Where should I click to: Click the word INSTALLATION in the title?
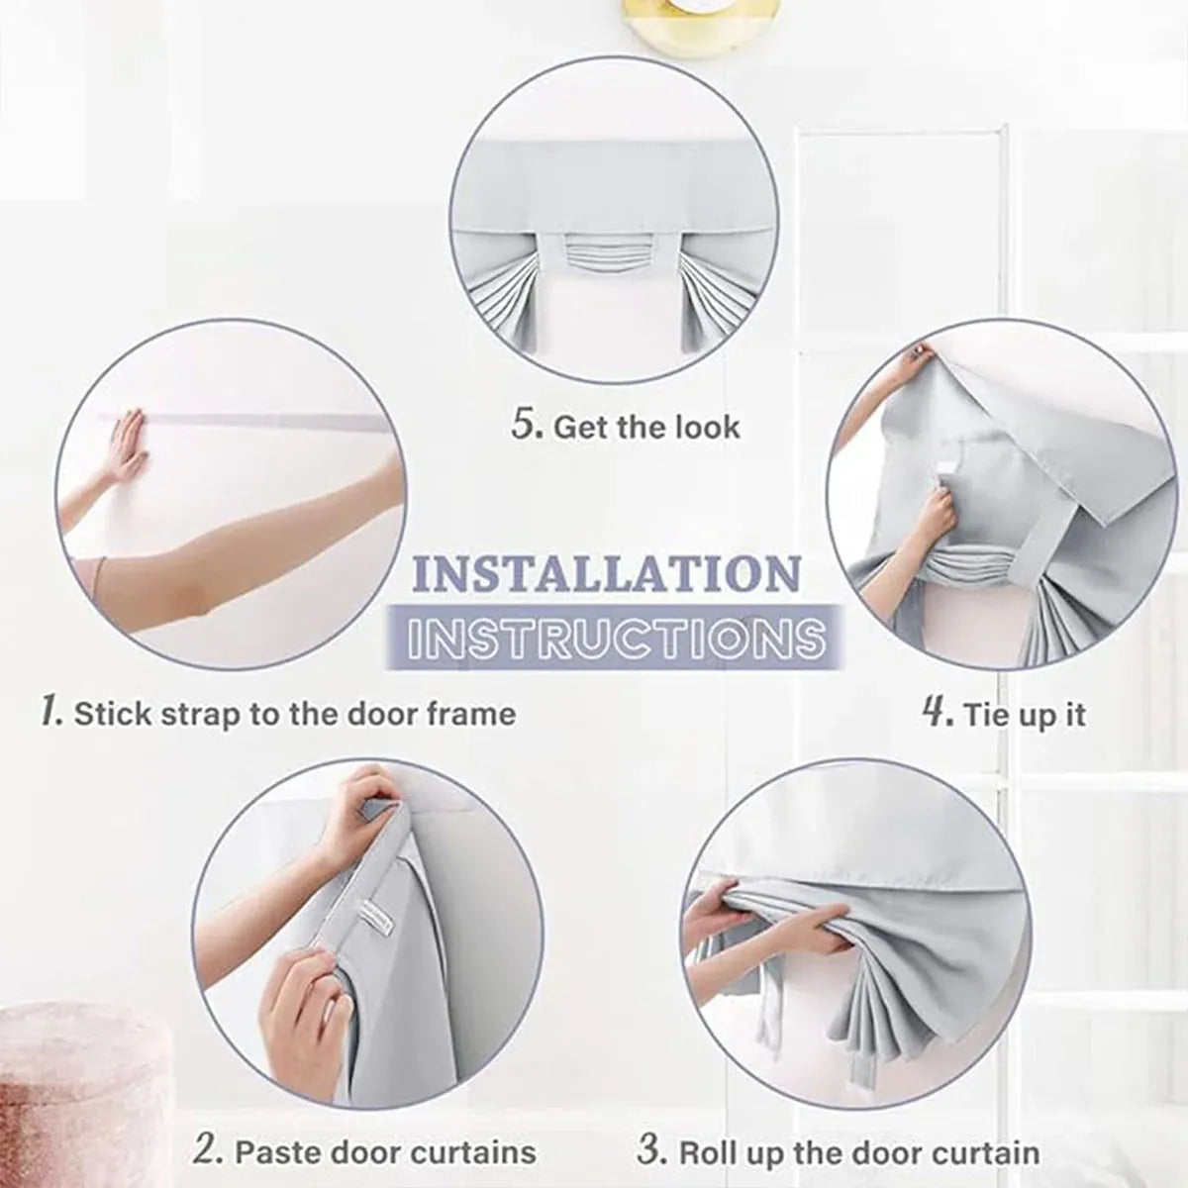(607, 573)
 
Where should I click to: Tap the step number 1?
(50, 713)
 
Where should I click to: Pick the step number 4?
(939, 713)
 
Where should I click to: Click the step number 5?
(528, 426)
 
